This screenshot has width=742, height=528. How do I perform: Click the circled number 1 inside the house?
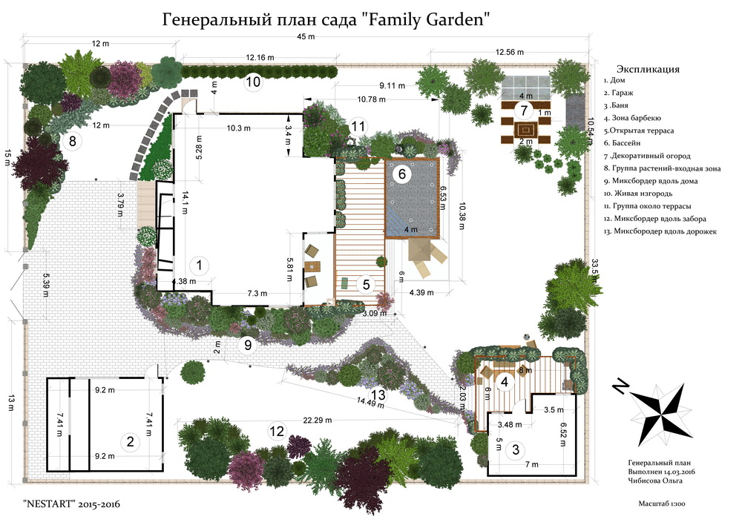199,265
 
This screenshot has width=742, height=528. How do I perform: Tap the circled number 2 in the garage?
130,442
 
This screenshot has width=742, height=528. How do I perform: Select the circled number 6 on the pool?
401,174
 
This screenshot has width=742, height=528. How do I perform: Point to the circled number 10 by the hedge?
253,82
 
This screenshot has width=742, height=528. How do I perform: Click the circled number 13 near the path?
378,394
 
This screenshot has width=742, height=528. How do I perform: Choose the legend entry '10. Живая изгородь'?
638,194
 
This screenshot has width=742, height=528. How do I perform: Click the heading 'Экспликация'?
648,69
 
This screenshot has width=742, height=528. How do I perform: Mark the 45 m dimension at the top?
306,36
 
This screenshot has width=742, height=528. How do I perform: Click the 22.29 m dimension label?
318,420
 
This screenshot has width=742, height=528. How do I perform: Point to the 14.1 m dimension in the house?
185,202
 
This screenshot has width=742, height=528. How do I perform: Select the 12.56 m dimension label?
510,52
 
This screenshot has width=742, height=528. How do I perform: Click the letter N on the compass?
620,386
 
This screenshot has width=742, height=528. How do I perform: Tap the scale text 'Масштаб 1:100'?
662,504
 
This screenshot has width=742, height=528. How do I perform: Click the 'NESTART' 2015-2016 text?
71,504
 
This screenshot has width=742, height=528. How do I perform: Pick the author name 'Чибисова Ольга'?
655,481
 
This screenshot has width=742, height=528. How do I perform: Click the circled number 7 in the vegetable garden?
524,110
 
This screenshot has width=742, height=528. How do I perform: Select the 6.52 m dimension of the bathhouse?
563,435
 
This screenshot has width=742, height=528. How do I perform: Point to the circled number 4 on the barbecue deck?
505,381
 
